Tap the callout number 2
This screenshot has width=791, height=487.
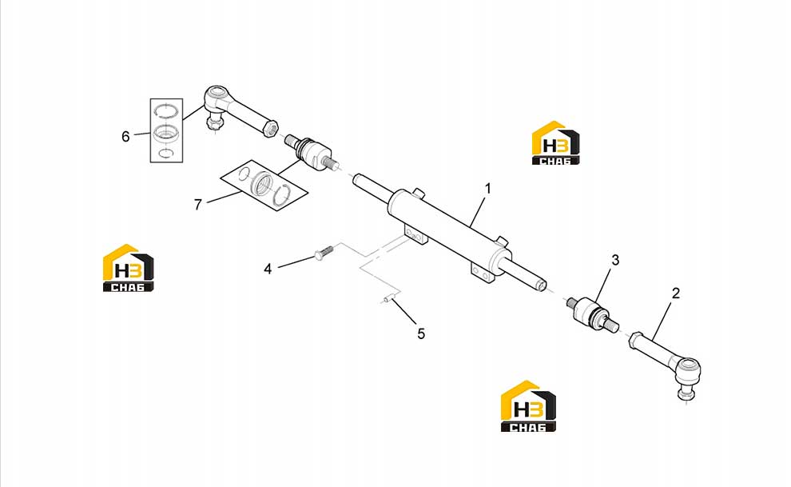[676, 293]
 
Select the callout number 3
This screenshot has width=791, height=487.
[615, 261]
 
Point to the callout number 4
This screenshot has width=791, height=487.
[268, 269]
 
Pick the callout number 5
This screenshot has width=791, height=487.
[421, 333]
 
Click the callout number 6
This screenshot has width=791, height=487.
[125, 136]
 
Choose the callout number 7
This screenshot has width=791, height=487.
[198, 205]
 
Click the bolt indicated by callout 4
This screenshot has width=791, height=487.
[324, 253]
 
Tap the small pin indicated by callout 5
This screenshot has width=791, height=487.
[388, 300]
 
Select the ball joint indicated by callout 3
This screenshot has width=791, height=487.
[592, 312]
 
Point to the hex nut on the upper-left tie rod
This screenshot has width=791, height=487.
[270, 128]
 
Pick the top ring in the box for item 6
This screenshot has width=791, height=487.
[166, 110]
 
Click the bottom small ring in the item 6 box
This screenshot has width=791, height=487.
[166, 153]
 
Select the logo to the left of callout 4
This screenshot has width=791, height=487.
[128, 268]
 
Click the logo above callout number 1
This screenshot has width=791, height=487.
[555, 143]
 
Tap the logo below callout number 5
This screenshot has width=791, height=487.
[528, 406]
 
